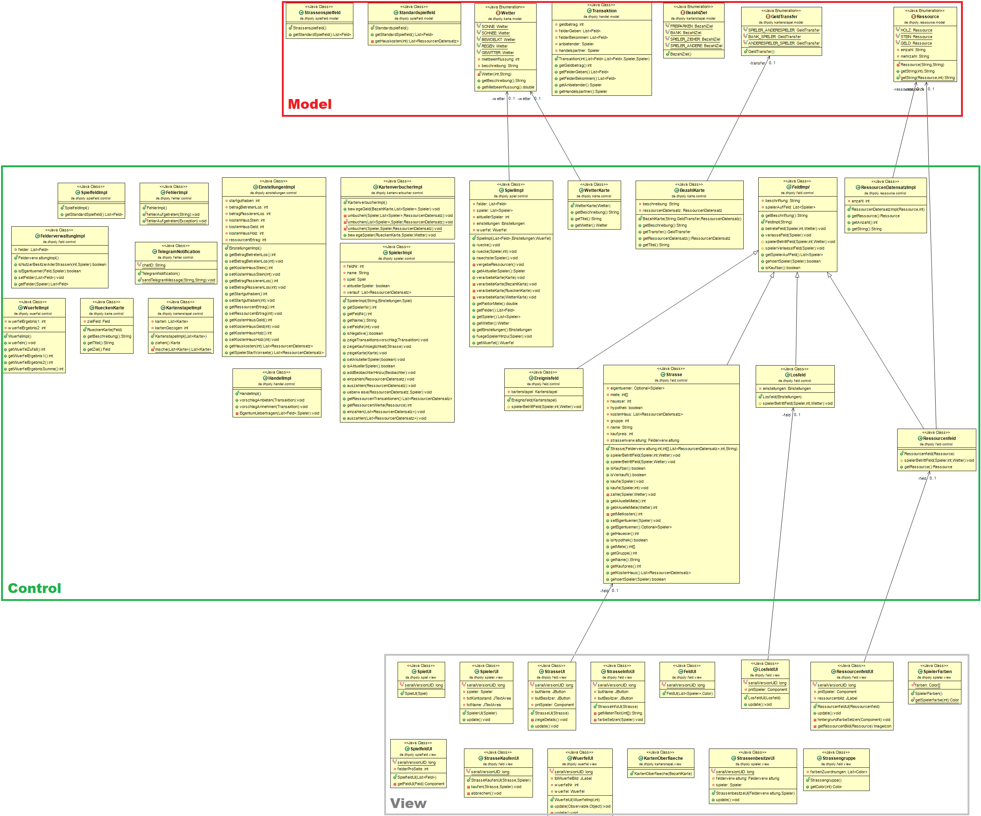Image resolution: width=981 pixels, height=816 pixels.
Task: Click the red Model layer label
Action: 310,104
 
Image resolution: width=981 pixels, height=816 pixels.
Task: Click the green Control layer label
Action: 34,588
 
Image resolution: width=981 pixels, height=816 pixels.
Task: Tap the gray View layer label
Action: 408,803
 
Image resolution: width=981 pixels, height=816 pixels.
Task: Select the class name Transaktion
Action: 604,11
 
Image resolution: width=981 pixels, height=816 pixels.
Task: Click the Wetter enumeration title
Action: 508,13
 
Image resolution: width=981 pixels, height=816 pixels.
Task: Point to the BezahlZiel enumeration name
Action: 696,13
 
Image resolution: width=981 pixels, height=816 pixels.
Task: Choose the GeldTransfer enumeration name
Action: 784,16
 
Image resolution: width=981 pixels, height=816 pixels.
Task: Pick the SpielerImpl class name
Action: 400,253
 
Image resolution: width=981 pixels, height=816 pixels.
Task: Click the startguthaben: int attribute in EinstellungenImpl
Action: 244,201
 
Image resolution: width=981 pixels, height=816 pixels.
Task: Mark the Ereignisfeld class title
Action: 546,378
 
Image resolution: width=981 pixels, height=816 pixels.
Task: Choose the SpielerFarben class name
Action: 937,672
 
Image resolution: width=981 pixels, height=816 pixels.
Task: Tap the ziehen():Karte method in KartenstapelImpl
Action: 167,343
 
